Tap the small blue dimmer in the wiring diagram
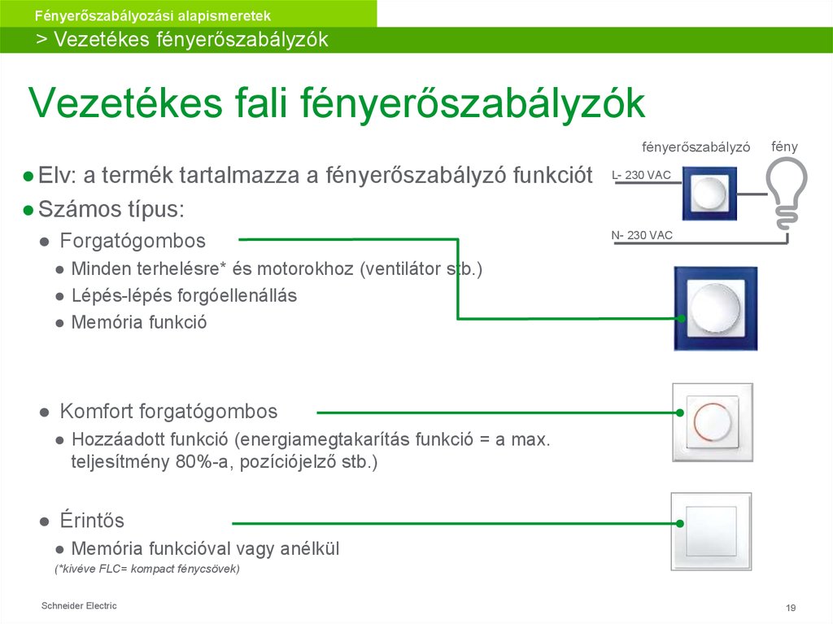click(x=709, y=194)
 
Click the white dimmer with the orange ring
click(x=713, y=423)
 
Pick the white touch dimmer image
click(x=711, y=530)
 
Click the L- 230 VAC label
click(x=641, y=175)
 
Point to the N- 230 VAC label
click(x=642, y=236)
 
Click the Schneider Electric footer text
click(x=79, y=605)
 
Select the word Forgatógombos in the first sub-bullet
click(x=133, y=241)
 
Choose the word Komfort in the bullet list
click(x=97, y=411)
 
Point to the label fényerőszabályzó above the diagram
click(x=696, y=148)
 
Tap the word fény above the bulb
click(x=784, y=147)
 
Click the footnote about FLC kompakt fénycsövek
click(x=147, y=569)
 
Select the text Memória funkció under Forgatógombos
click(x=138, y=322)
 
